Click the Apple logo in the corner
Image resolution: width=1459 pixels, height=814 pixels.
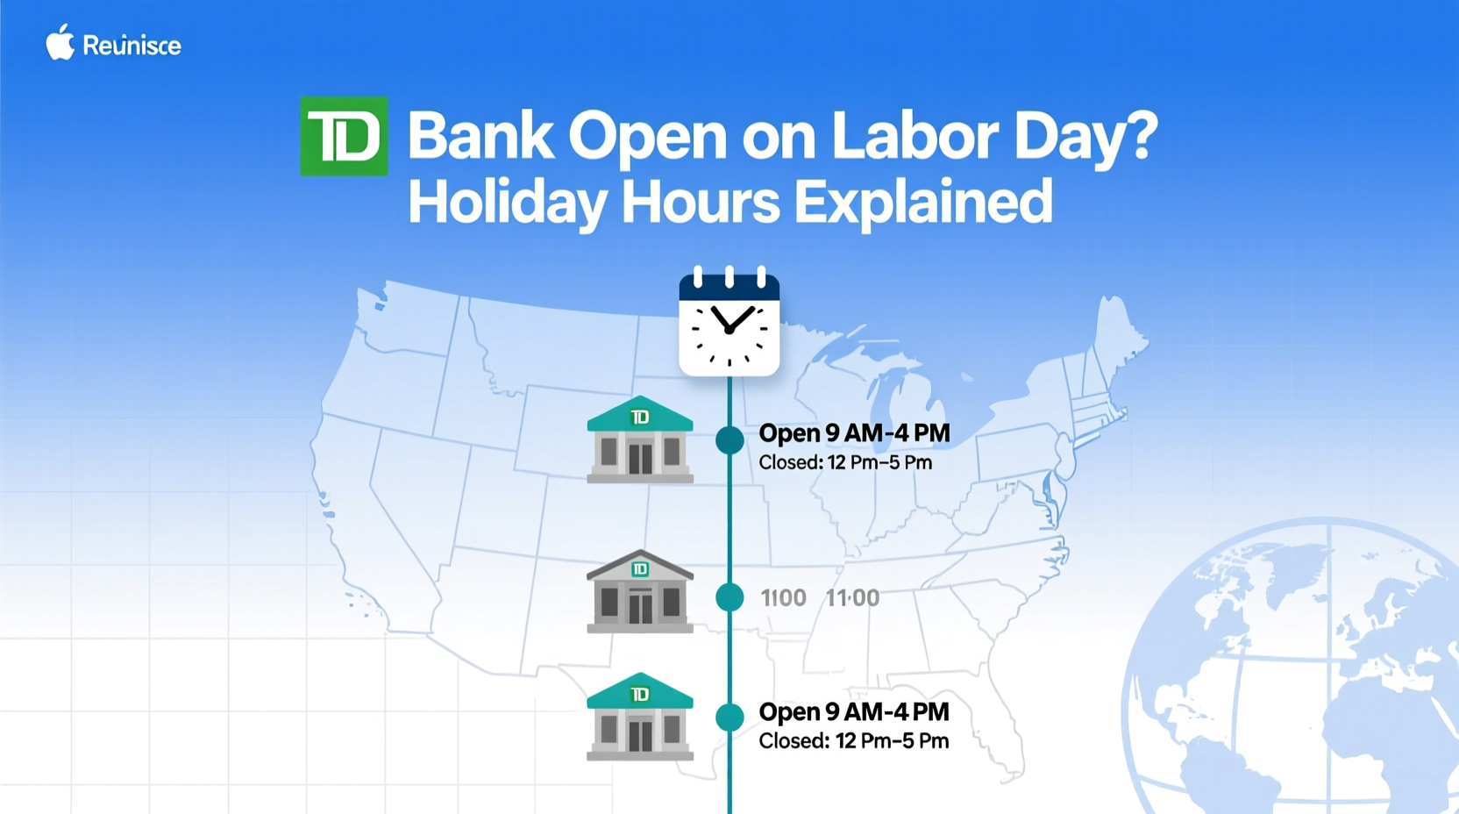click(60, 43)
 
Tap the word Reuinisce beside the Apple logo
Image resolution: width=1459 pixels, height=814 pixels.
click(132, 46)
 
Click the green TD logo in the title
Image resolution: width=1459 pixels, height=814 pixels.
click(344, 136)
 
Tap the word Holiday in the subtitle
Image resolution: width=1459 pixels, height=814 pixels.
click(507, 201)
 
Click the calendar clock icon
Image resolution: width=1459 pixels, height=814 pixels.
click(729, 324)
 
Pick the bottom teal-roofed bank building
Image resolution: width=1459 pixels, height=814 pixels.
click(640, 717)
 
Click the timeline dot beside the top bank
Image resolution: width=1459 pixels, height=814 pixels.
click(729, 439)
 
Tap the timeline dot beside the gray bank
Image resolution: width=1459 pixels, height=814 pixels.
click(729, 597)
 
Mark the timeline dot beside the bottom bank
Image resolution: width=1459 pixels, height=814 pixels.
click(729, 717)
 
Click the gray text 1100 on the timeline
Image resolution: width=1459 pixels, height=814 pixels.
click(783, 598)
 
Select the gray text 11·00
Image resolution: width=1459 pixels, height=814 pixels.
click(852, 598)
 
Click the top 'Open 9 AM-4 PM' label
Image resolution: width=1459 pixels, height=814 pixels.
click(854, 433)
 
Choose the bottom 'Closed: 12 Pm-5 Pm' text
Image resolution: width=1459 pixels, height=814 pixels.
click(853, 741)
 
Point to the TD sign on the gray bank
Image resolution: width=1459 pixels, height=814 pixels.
click(640, 569)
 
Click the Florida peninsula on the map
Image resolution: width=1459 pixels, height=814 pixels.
click(1005, 746)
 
